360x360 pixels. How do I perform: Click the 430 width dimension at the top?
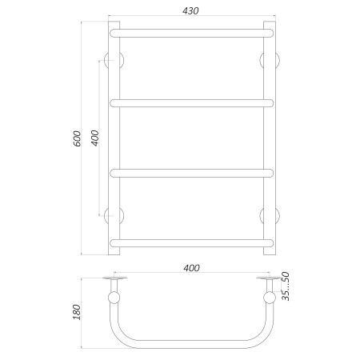tap(190, 10)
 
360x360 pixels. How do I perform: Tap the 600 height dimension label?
tap(77, 138)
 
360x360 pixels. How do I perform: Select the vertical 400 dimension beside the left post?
tap(95, 138)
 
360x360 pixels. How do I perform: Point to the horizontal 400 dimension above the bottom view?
tap(191, 268)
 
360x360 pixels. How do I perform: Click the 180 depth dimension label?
tap(77, 312)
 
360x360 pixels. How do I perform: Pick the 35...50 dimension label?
tap(286, 286)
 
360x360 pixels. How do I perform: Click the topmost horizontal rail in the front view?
tap(192, 33)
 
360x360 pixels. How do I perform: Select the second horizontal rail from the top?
tap(192, 103)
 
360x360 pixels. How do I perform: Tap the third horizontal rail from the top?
tap(192, 173)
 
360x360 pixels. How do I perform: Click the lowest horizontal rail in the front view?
tap(192, 243)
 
